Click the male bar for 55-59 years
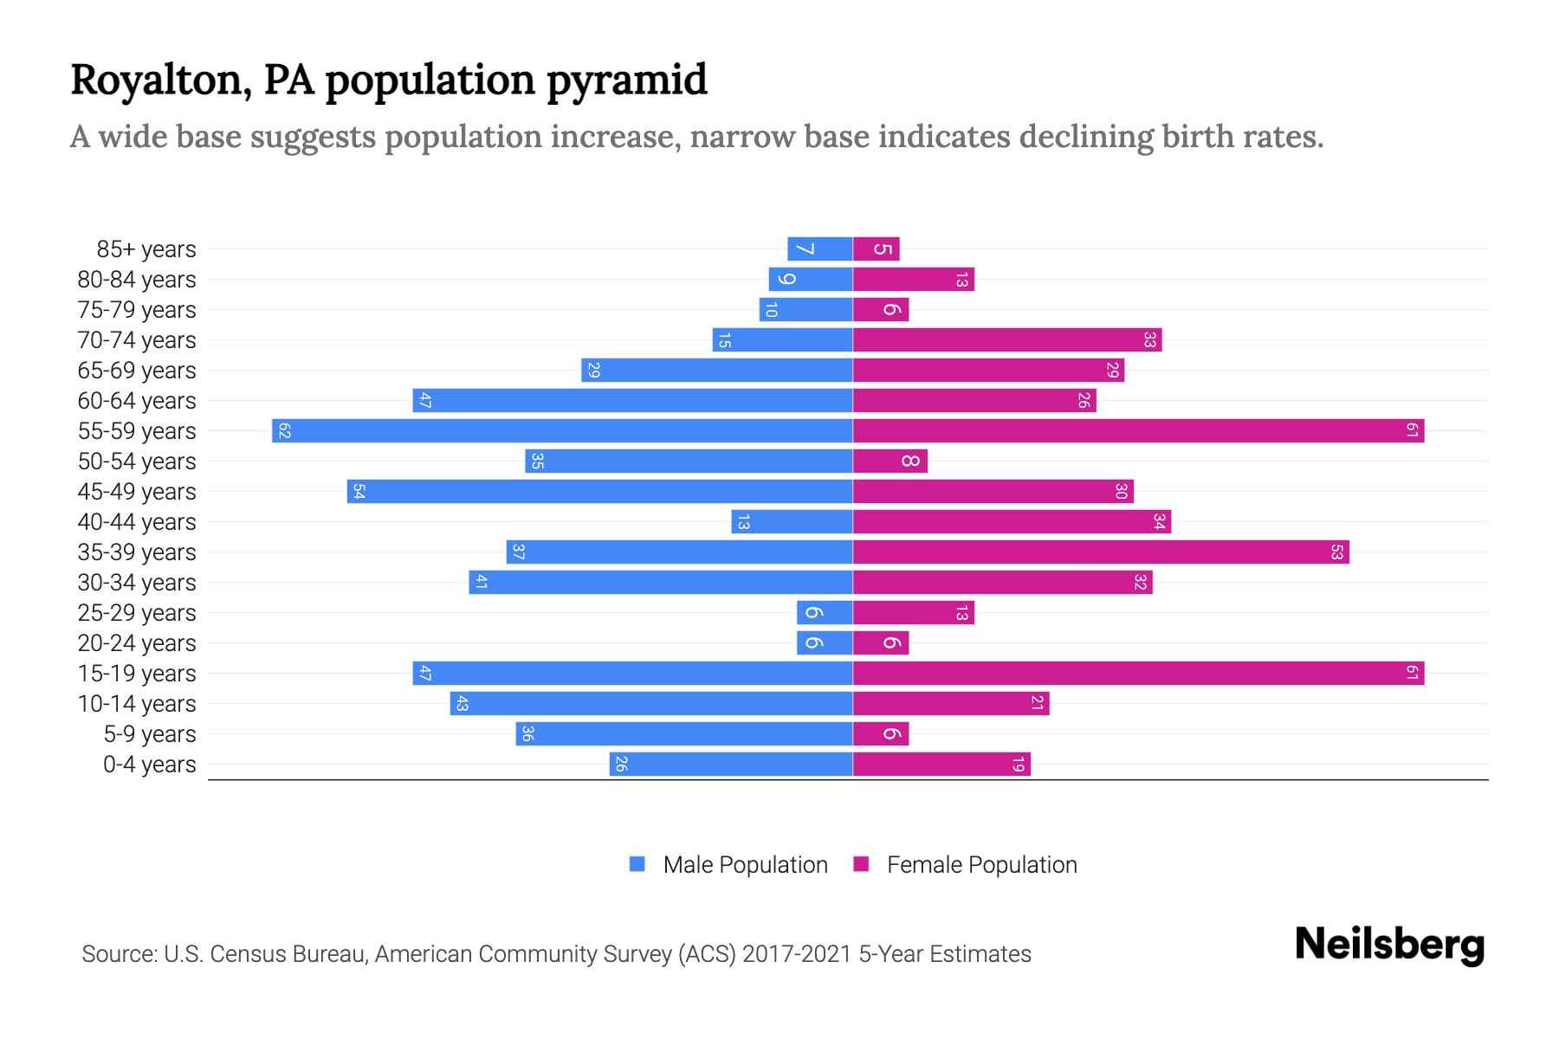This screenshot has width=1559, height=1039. [x=562, y=431]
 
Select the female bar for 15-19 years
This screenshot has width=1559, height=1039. [x=1138, y=674]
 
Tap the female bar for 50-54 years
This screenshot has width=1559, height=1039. [x=889, y=461]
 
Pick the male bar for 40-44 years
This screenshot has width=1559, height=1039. [x=792, y=522]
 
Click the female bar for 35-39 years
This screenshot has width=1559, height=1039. [x=1101, y=552]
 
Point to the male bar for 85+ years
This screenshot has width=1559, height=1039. [x=819, y=249]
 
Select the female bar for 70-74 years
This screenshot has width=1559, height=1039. [x=1006, y=340]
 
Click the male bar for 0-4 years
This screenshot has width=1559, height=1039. [x=731, y=765]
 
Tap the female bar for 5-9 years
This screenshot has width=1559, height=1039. [x=880, y=734]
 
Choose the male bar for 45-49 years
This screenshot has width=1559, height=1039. [x=599, y=492]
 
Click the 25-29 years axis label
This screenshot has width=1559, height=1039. [x=137, y=613]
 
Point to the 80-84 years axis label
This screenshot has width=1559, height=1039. [x=137, y=280]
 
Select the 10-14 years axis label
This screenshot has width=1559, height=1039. [x=137, y=704]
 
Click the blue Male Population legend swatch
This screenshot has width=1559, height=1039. [x=637, y=864]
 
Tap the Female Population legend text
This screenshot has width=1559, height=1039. [x=981, y=865]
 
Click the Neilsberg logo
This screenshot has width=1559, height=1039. [x=1389, y=945]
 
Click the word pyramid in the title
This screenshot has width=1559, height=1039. [x=627, y=80]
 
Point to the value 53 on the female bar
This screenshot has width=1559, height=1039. [x=1336, y=552]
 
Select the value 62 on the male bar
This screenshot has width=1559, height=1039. [x=284, y=431]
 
